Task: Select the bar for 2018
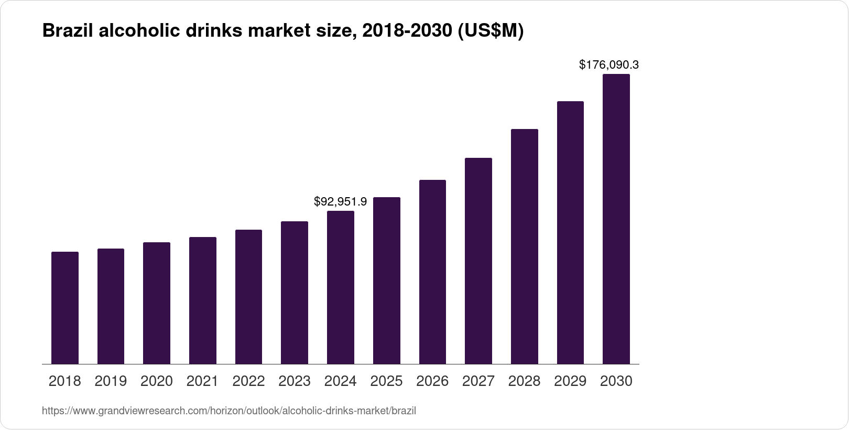(65, 308)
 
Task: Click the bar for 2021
(203, 300)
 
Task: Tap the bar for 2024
(341, 287)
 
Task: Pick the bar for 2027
(478, 261)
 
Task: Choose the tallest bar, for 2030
(616, 219)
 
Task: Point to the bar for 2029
(570, 232)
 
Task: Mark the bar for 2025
(386, 281)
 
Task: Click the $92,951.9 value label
(340, 201)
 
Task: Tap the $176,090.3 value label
(608, 65)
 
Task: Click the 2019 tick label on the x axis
(111, 381)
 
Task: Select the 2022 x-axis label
(248, 381)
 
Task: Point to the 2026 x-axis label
(432, 381)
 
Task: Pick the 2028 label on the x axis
(524, 381)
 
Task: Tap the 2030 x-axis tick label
(616, 381)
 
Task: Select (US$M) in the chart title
(491, 31)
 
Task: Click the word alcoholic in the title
(139, 31)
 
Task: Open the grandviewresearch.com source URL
(229, 411)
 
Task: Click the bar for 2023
(295, 293)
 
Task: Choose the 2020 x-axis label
(157, 381)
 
